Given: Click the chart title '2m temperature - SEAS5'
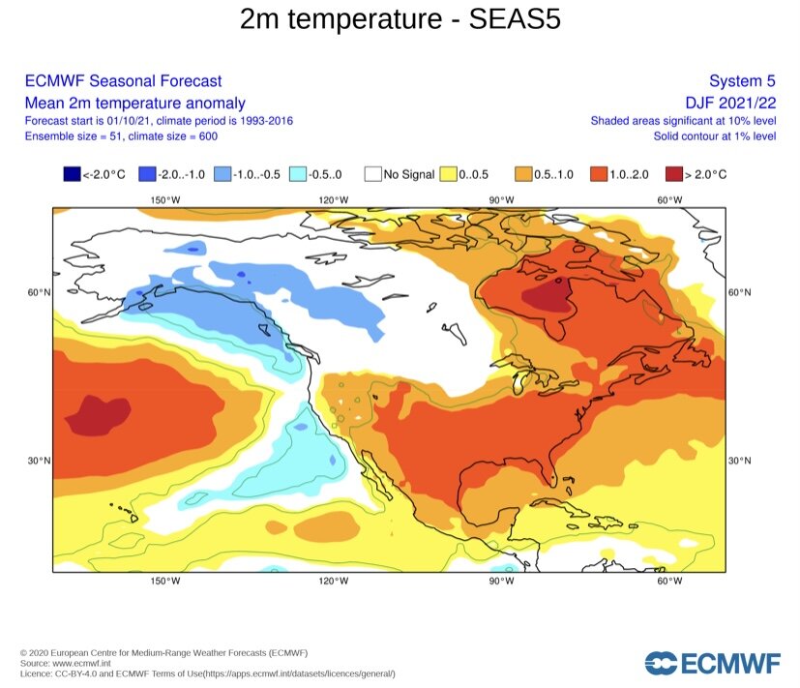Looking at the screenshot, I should coord(400,19).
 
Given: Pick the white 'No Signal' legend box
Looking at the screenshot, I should coord(372,174).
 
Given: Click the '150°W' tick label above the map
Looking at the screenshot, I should coord(165,200).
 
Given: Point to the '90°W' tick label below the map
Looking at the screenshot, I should coord(501,581).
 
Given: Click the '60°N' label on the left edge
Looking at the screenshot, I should coord(39,292).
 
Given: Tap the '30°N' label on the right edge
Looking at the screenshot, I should coord(740,460).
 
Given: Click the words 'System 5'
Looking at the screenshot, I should coord(743,81).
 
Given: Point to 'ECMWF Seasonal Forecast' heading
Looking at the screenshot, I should coord(123,81).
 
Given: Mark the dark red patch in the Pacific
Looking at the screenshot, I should coord(97,416).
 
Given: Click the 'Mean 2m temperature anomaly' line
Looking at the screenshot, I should coord(134,103).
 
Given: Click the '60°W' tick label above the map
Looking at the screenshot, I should coord(669,200).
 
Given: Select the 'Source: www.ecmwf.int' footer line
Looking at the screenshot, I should coord(65,663).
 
